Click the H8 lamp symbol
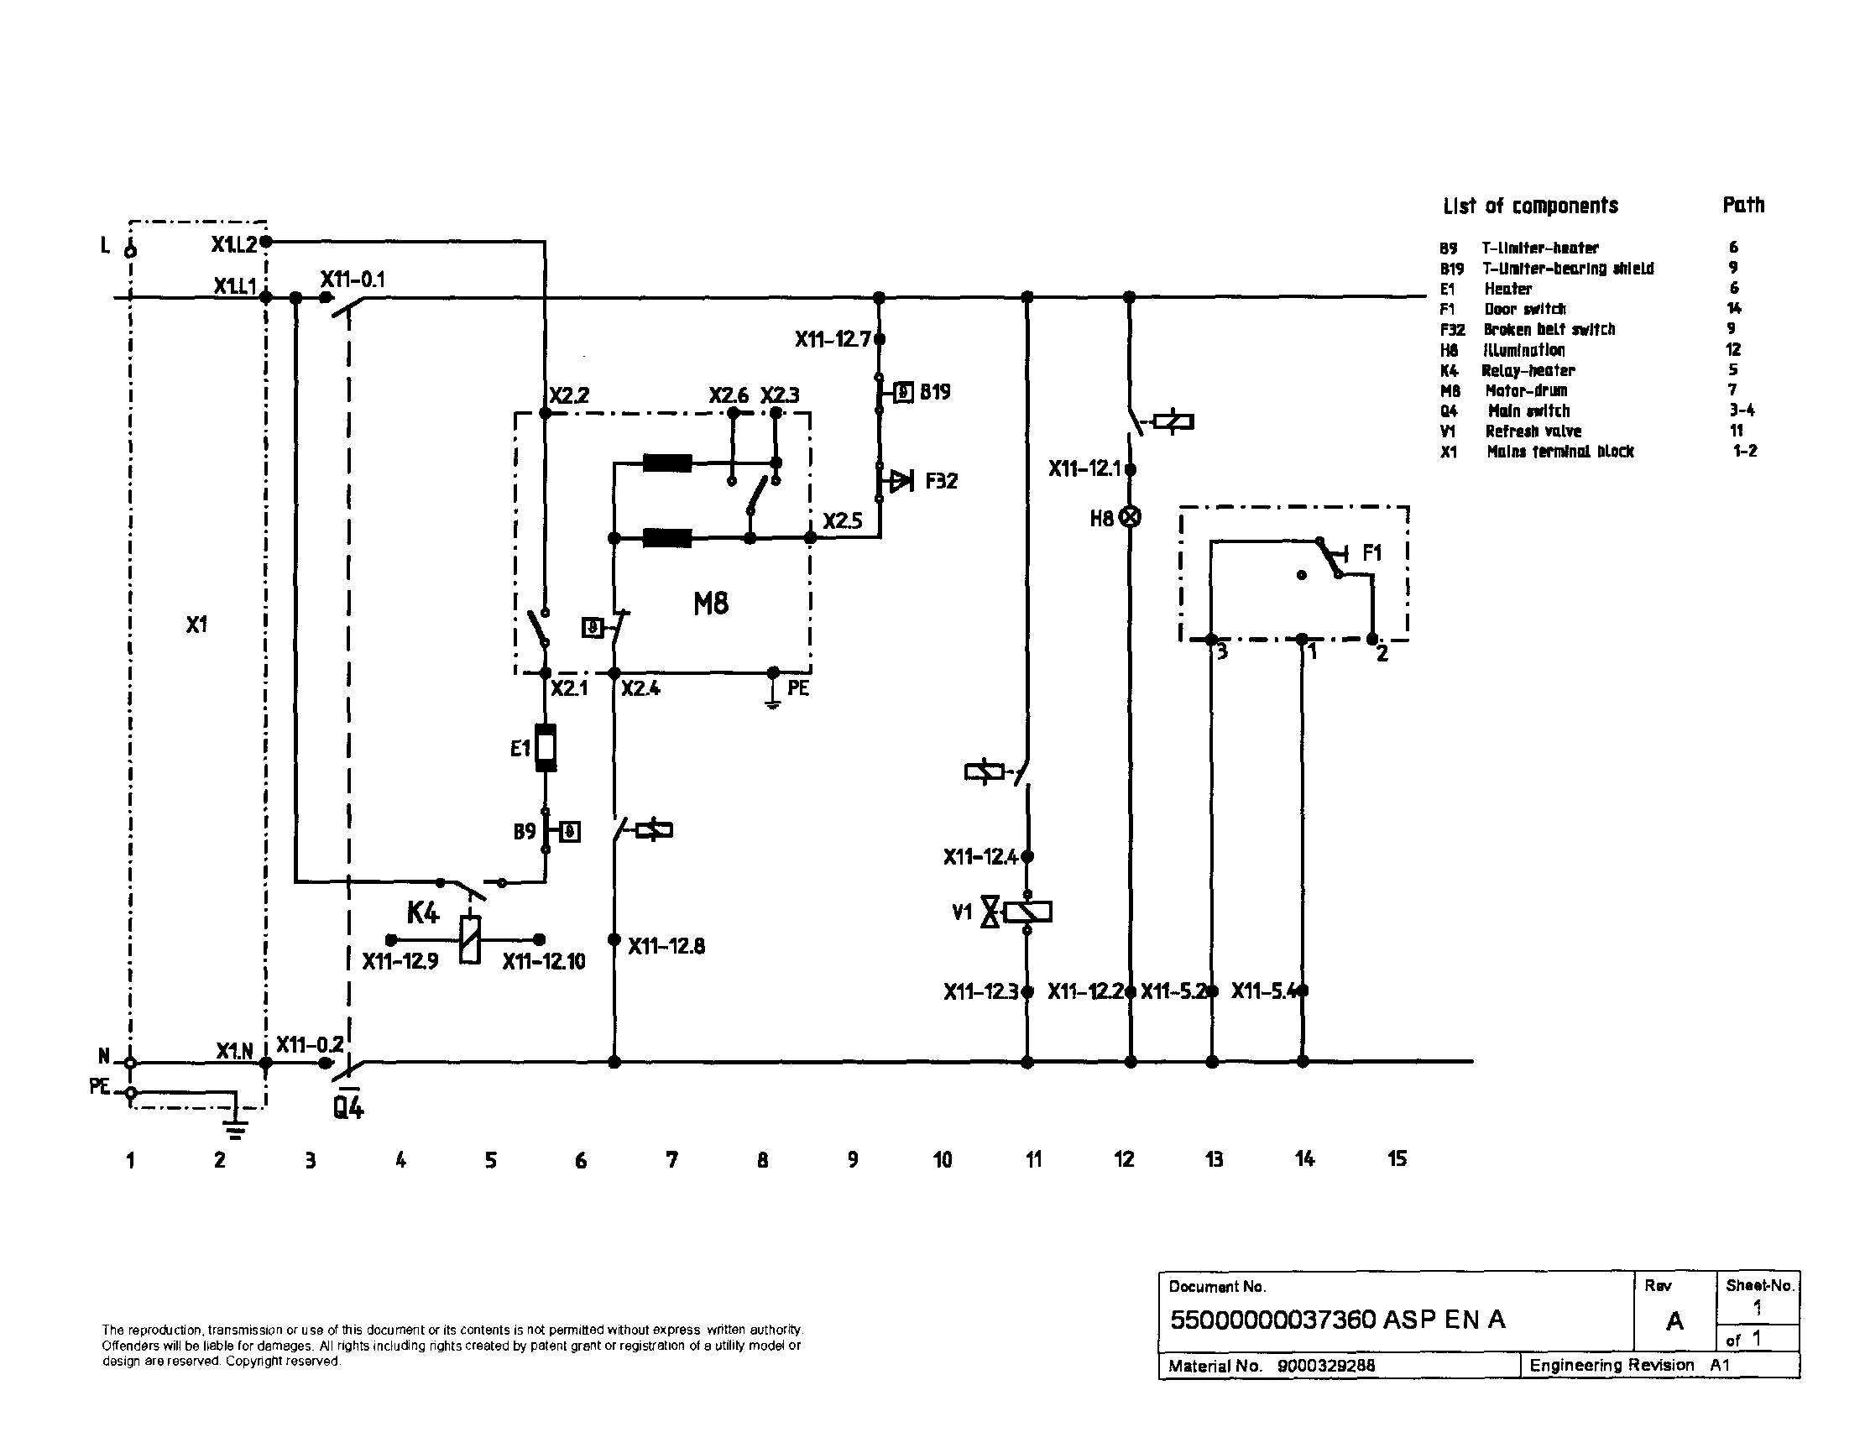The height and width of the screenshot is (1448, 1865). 1130,517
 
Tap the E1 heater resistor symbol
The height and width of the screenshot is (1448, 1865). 546,747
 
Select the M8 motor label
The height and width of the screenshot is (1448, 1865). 710,604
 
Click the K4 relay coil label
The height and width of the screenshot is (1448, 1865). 422,912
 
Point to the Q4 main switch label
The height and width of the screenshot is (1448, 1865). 348,1109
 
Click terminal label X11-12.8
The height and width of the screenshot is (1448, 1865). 666,946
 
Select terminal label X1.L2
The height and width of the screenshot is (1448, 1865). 233,244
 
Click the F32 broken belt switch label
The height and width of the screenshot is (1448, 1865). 941,481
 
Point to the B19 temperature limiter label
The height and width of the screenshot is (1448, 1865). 935,392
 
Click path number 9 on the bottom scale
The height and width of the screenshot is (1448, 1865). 852,1159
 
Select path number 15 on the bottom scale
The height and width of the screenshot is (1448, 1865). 1396,1158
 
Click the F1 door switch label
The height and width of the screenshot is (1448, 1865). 1371,552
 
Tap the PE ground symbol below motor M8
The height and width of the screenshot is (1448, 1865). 772,698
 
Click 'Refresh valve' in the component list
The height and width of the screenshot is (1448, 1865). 1533,431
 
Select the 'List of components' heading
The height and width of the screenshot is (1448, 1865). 1530,206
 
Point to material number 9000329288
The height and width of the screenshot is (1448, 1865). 1325,1365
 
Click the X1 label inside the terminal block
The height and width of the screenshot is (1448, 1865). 196,625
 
